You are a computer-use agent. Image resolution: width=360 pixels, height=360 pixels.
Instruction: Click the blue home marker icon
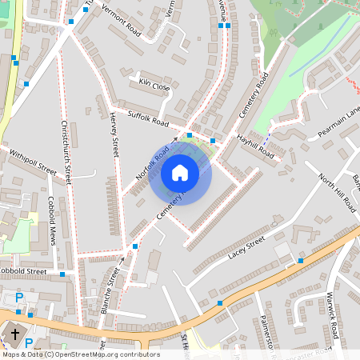(x=180, y=172)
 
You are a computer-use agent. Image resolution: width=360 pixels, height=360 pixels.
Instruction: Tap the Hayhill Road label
(x=255, y=145)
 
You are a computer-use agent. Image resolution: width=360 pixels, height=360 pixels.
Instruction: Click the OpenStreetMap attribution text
(x=80, y=354)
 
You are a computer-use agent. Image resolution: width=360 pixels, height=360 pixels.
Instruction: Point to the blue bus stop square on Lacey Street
(x=300, y=260)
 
